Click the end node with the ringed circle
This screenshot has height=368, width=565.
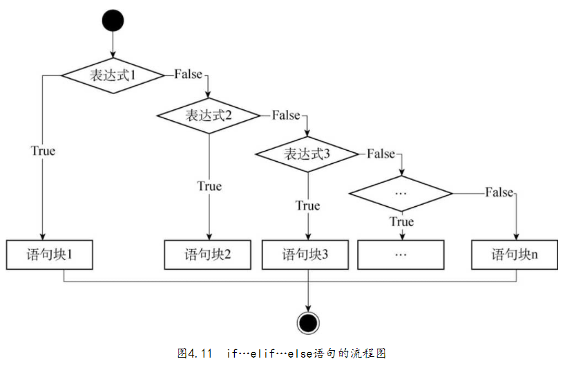307,321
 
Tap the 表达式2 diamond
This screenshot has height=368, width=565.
209,115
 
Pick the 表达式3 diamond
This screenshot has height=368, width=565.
307,154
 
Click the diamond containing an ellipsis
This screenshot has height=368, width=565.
401,192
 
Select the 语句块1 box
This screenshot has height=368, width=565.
49,255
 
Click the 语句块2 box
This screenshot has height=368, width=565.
208,255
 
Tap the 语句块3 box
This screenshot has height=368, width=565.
305,255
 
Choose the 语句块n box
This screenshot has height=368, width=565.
515,255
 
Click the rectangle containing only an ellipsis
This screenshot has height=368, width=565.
401,255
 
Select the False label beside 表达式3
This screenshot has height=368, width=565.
381,154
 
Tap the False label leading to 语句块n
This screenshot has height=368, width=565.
499,192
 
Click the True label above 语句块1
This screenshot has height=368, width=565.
43,149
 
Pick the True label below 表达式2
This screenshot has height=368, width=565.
209,185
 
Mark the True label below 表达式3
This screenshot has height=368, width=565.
307,205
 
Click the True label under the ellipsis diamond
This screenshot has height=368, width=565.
401,221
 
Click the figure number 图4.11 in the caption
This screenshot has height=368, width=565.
194,353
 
